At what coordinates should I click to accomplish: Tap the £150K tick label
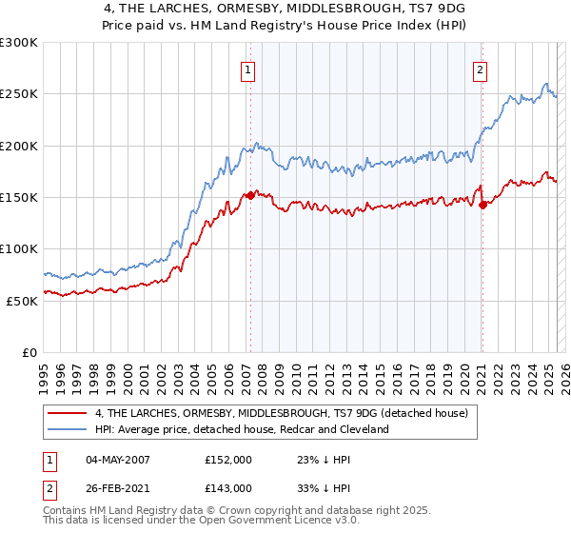click(19, 198)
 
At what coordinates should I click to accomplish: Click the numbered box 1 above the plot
click(247, 69)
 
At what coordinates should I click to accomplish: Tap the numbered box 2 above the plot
click(481, 69)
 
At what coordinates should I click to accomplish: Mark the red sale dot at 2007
click(250, 195)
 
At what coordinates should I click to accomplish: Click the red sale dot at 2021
click(482, 205)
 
